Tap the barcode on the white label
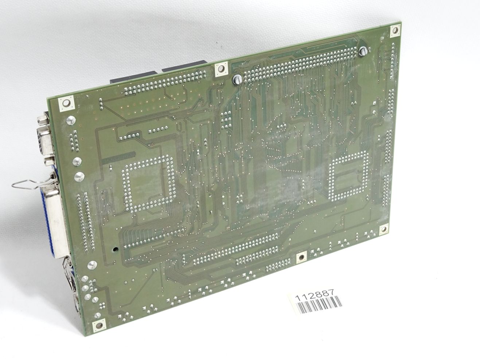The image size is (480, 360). point(320,306)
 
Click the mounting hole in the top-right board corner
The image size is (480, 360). point(395,30)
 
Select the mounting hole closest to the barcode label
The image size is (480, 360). point(301,258)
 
